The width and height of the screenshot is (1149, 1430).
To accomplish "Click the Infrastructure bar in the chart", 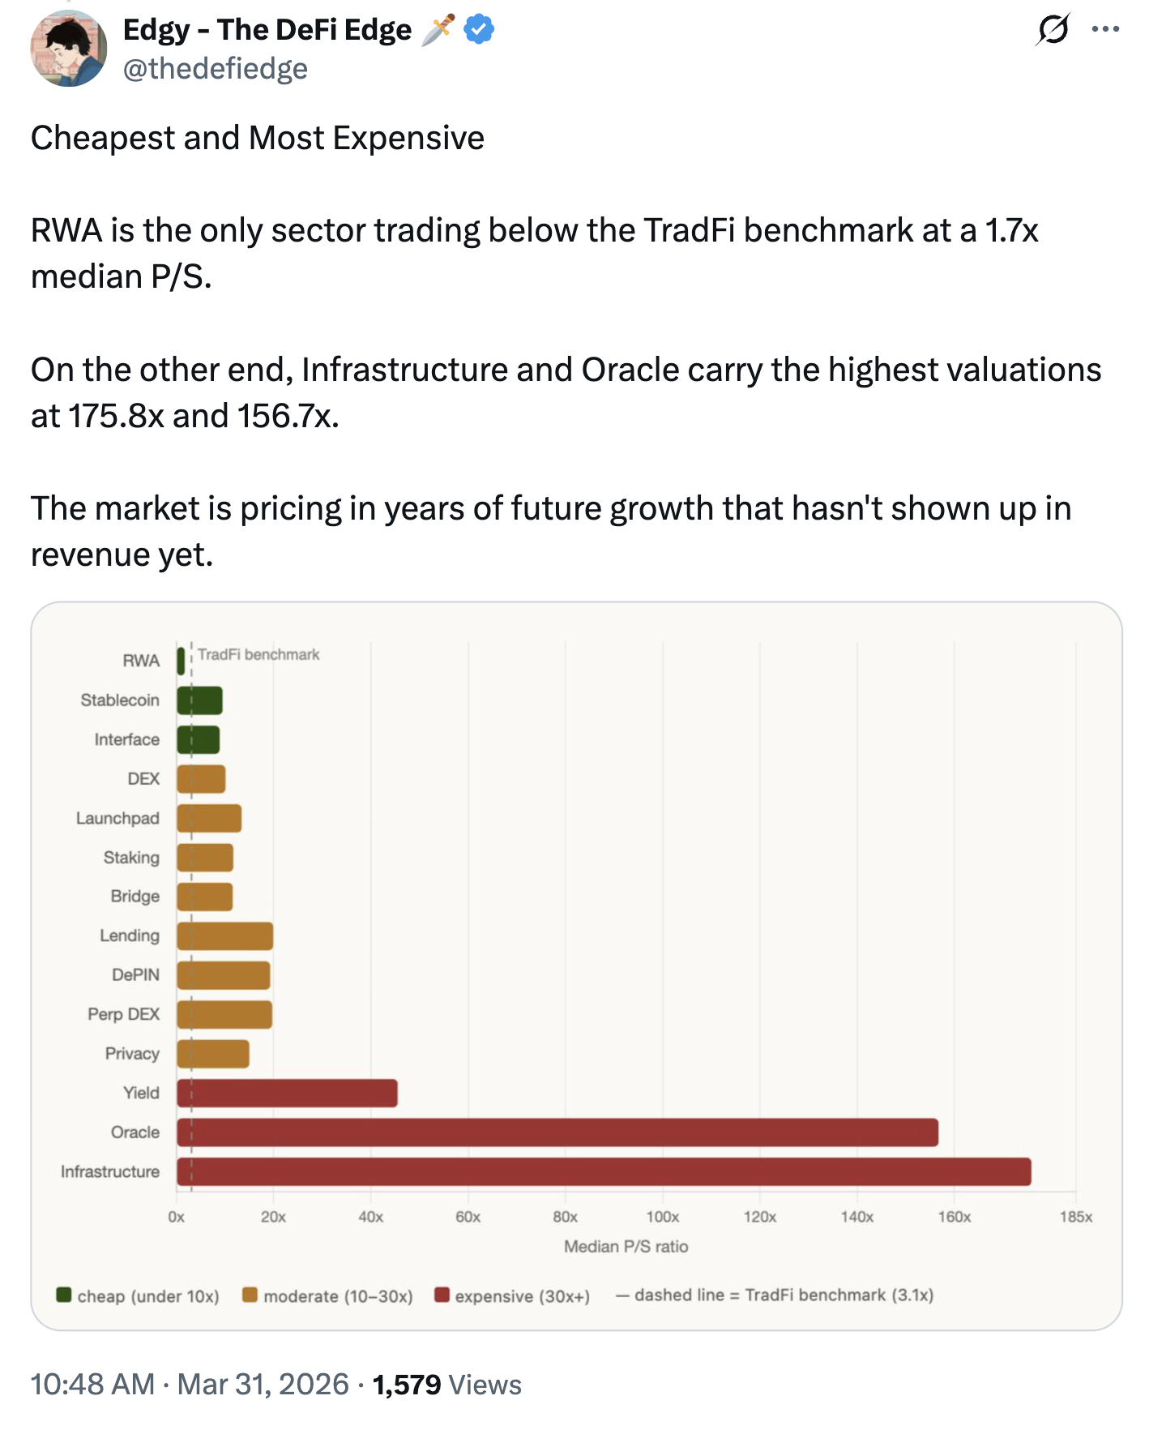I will click(x=604, y=1171).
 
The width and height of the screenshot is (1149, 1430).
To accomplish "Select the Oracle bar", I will click(x=557, y=1132).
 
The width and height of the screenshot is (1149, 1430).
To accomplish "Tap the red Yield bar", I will click(x=287, y=1093).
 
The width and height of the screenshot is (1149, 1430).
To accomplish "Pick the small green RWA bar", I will click(x=181, y=661).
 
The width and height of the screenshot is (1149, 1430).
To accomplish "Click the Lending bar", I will click(x=225, y=936).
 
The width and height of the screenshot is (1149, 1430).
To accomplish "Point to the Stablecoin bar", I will click(x=199, y=700).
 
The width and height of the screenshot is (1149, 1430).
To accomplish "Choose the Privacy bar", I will click(x=213, y=1054).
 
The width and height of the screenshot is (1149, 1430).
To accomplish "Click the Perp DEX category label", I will click(x=123, y=1014).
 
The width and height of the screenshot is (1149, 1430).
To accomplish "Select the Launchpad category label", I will click(x=117, y=818).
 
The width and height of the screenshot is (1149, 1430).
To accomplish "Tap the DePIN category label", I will click(x=135, y=974).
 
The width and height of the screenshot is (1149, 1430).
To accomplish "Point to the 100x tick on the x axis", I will click(x=662, y=1217).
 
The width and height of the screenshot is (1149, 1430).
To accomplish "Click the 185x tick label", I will click(x=1075, y=1217).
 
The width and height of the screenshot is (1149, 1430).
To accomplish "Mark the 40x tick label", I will click(x=370, y=1217).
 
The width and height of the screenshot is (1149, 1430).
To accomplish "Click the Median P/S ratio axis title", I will click(x=626, y=1246).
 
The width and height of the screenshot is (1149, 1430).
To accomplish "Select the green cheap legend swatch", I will click(x=64, y=1295).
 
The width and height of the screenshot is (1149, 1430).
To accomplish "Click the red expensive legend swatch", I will click(x=442, y=1295).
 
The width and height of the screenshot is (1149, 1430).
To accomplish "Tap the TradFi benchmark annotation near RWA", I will click(x=258, y=654).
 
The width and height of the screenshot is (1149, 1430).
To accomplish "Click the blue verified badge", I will click(x=479, y=30).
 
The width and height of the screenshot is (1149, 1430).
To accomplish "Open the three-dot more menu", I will click(x=1105, y=30).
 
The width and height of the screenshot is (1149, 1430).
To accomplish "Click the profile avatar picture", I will click(x=69, y=49).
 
